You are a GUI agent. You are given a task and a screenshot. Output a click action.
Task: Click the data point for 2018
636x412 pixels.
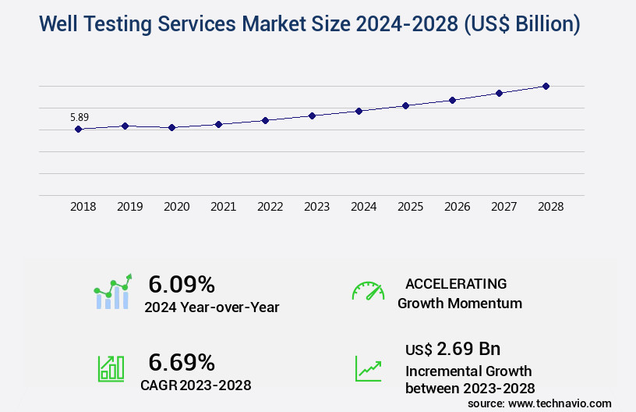point(78,129)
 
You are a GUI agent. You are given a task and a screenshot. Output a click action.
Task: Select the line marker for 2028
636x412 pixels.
point(546,86)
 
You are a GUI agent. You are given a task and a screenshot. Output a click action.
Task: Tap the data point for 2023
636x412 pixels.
point(312,115)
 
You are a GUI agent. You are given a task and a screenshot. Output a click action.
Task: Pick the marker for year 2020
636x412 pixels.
point(171,127)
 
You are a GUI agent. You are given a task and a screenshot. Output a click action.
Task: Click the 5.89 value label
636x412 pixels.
point(79,118)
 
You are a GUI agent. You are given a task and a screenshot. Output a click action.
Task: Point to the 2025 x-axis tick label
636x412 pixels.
point(410,207)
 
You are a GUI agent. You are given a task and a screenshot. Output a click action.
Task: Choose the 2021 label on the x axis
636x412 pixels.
point(223,207)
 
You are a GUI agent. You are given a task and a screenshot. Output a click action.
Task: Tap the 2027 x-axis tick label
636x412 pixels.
point(503,207)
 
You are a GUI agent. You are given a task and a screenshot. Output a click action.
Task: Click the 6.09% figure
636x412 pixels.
point(182,284)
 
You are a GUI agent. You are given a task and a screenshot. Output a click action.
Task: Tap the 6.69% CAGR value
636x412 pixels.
point(182,362)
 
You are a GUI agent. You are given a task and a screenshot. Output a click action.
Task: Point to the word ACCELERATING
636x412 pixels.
point(456,284)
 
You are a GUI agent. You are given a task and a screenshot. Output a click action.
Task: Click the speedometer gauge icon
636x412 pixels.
point(368,291)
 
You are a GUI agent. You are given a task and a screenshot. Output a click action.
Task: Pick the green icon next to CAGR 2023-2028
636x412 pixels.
point(111,368)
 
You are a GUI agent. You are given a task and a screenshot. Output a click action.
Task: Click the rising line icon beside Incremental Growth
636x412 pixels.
point(368,368)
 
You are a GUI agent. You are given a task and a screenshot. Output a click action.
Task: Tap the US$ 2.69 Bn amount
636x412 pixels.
point(453,348)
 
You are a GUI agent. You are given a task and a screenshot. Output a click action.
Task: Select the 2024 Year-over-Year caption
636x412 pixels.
point(211,307)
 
